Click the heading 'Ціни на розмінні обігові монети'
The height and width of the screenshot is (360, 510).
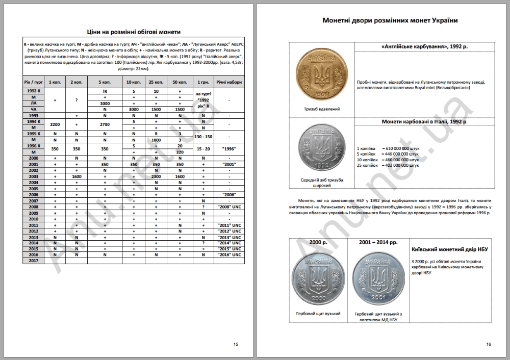pyautogui.click(x=134, y=32)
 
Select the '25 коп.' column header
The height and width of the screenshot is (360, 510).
pyautogui.click(x=156, y=82)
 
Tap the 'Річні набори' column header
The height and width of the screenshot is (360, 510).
pyautogui.click(x=228, y=82)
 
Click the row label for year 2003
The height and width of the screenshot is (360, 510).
pyautogui.click(x=34, y=176)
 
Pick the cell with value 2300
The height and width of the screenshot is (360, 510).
pyautogui.click(x=156, y=176)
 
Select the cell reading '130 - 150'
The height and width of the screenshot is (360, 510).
pyautogui.click(x=203, y=137)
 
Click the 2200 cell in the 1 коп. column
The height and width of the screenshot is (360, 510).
pyautogui.click(x=55, y=124)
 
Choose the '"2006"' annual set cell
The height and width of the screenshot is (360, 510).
pyautogui.click(x=228, y=194)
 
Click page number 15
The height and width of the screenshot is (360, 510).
pyautogui.click(x=236, y=345)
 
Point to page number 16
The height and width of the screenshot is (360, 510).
pyautogui.click(x=489, y=345)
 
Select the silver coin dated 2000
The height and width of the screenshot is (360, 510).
pyautogui.click(x=318, y=280)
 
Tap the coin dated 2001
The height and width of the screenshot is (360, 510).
pyautogui.click(x=376, y=280)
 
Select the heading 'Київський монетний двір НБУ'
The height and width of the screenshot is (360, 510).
pyautogui.click(x=449, y=250)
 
